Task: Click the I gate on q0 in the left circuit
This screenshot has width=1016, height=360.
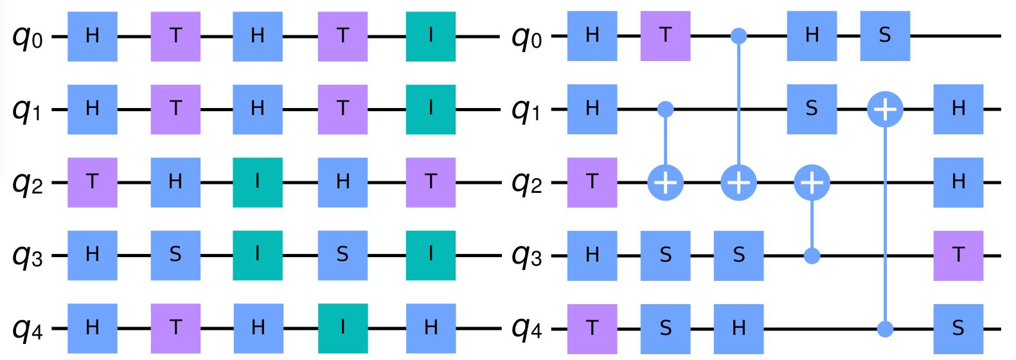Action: (x=431, y=36)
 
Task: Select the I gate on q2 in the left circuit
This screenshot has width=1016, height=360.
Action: (x=258, y=183)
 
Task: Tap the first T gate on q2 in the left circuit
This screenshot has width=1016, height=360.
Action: (x=93, y=183)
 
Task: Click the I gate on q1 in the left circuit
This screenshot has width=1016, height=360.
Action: (x=431, y=109)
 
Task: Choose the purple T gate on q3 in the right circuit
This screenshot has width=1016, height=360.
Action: (x=959, y=256)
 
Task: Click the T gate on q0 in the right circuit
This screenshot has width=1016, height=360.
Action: (x=666, y=36)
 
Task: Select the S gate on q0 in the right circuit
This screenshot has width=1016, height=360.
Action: (x=886, y=36)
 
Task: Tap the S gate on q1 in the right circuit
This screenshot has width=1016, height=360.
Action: (x=812, y=109)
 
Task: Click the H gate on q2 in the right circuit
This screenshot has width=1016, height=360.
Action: (x=959, y=183)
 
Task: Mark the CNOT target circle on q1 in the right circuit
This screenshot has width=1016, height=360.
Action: (x=886, y=110)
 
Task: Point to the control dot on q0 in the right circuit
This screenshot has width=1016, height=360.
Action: (x=739, y=36)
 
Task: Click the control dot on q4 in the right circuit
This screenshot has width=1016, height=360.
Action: (x=886, y=329)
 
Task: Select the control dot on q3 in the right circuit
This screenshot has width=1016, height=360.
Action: (x=812, y=256)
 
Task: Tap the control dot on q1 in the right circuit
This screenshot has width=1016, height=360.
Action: (x=666, y=109)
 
